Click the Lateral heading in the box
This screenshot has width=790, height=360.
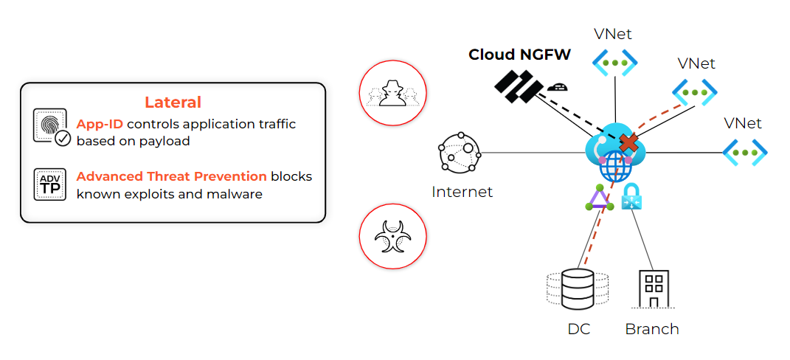pos(173,103)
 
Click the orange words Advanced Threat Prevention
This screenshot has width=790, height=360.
pos(171,176)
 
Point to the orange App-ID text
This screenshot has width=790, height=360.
pos(99,124)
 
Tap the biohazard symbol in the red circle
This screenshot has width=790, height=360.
pos(392,238)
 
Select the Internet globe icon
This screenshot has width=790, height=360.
pos(460,153)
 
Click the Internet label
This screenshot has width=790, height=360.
pos(462,193)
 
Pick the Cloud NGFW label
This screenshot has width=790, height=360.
pos(519,55)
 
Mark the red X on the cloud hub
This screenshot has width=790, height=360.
pos(628,142)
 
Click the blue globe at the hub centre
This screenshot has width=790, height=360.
pos(615,167)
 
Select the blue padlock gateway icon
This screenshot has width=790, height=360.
pos(631,197)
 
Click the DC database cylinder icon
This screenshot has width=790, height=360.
pos(578,289)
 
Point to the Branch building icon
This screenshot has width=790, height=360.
pos(652,289)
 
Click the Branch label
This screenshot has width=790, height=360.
pos(652,329)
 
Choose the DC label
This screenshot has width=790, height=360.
pos(578,329)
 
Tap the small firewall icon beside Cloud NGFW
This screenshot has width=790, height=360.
pos(557,86)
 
